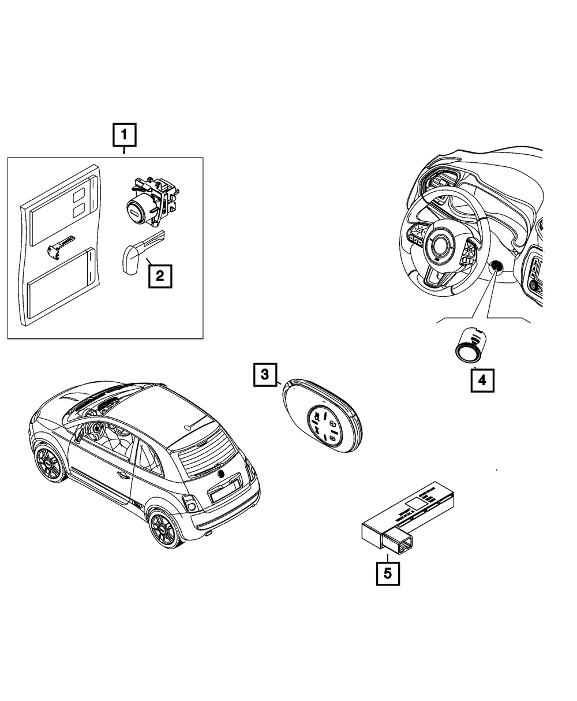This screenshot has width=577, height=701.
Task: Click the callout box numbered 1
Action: [x=124, y=136]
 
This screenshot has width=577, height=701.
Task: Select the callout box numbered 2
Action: [x=160, y=275]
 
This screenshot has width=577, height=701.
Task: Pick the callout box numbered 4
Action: [x=482, y=381]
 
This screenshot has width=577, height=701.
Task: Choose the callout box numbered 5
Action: [x=388, y=573]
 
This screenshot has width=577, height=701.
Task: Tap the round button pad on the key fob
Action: [x=325, y=426]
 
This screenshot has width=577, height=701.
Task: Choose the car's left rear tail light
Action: [x=190, y=504]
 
